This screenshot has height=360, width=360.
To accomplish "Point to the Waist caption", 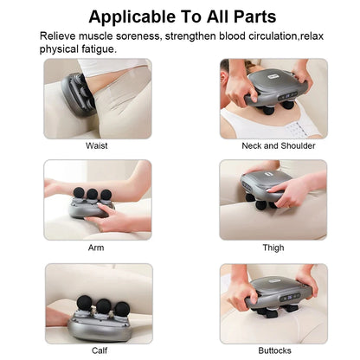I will [97, 145].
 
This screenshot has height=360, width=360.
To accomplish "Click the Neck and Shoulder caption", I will [273, 145].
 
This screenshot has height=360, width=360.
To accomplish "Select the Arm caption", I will [97, 247].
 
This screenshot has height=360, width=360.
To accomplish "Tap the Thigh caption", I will [273, 247].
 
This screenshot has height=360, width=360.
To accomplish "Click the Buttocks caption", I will [273, 350].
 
